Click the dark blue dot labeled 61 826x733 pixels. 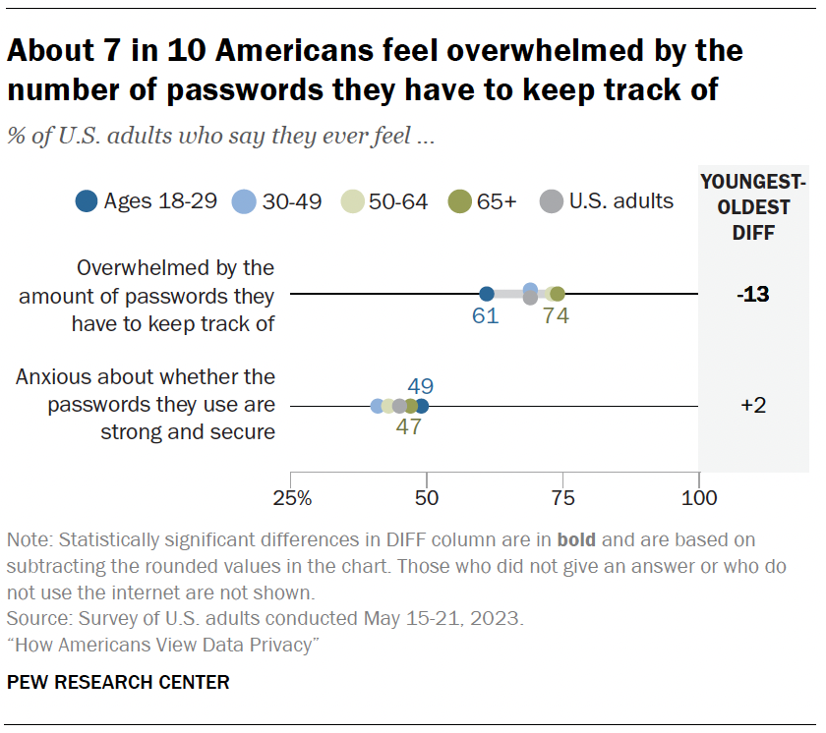point(486,294)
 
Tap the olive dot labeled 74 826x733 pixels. point(558,294)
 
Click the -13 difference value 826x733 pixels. point(752,295)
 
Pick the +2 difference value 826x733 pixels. point(752,407)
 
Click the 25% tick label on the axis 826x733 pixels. point(292,497)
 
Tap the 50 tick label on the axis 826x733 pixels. point(427,497)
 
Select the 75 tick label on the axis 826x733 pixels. point(563,497)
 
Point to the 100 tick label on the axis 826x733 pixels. point(699,497)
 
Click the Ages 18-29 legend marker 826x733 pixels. point(87,202)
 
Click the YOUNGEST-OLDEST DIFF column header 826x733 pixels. point(752,207)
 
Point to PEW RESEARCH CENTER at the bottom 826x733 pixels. point(118,682)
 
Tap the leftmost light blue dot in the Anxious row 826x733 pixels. point(377,406)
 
